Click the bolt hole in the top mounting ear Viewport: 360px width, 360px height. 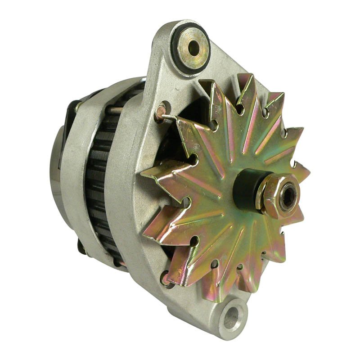coord(194,47)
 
